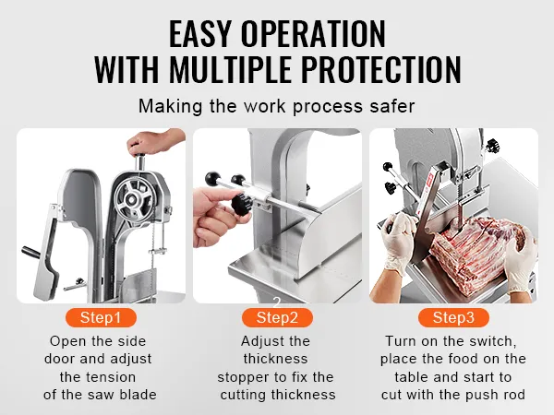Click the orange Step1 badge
coord(101,317)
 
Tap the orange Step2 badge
coord(277,317)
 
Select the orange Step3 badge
coord(453,317)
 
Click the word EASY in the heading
coord(199,34)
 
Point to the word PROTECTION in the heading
coord(380,69)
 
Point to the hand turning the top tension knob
coord(154,142)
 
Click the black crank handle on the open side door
coord(31,252)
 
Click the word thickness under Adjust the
coord(275,359)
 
